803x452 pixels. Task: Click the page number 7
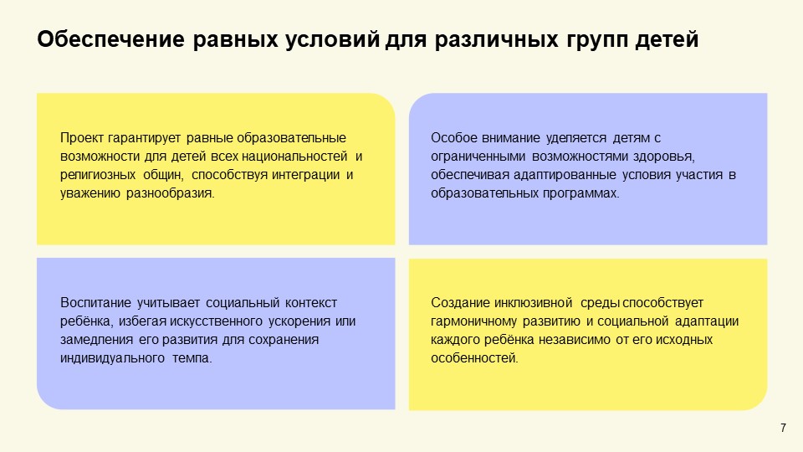[x=783, y=429]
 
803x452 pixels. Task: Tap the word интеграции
[x=309, y=175]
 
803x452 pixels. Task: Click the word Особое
[x=451, y=138]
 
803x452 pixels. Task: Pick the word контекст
[x=311, y=303]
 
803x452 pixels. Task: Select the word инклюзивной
[x=535, y=303]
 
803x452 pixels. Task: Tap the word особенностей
[x=474, y=358]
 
